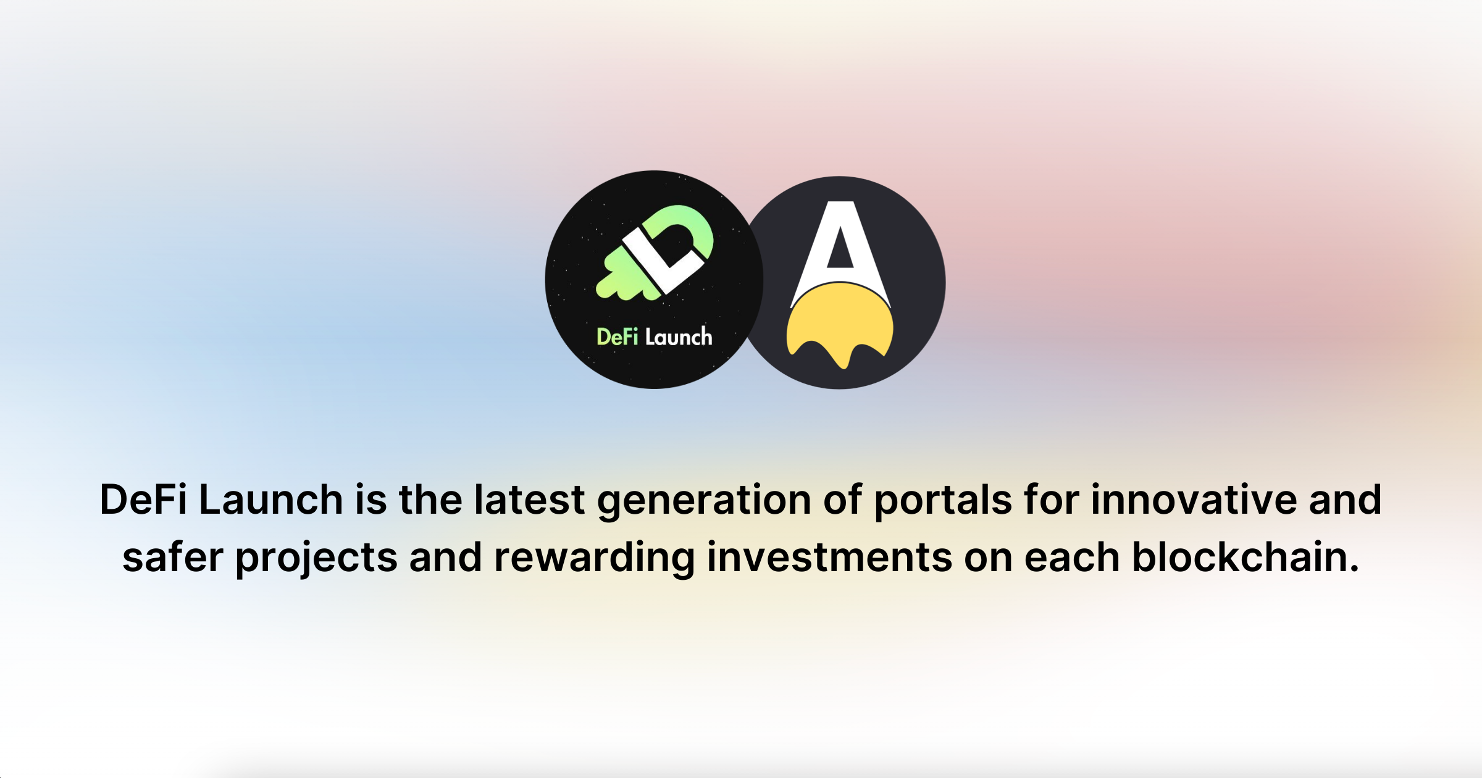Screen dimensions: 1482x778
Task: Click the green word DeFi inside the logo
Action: click(617, 337)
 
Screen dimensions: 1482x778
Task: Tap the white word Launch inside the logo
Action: click(679, 337)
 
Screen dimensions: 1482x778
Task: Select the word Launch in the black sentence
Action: click(271, 499)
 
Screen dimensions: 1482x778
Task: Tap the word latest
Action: click(529, 499)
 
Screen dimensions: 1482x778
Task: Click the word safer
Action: click(173, 558)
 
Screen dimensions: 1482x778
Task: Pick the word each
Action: click(1072, 558)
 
